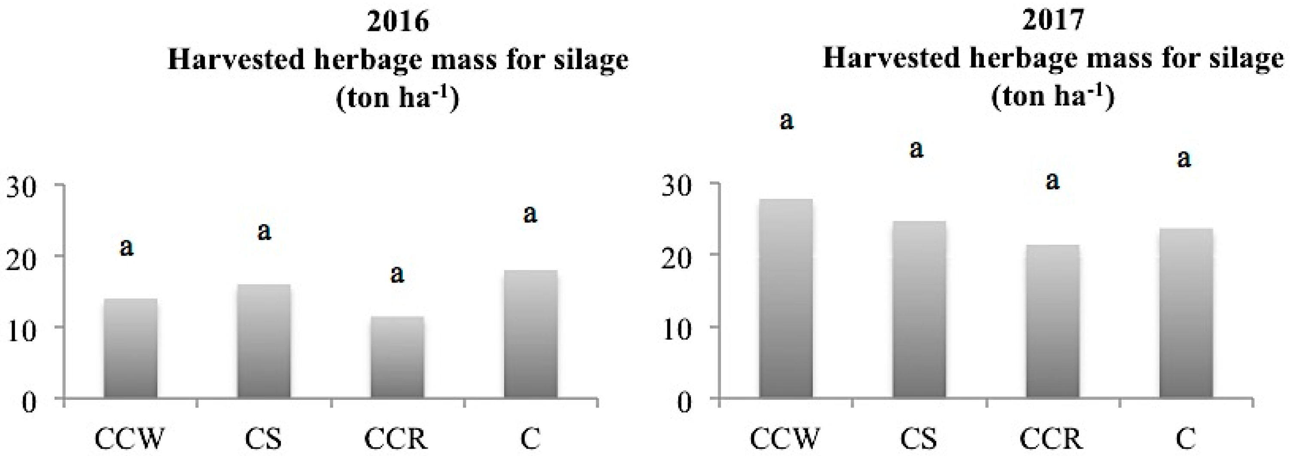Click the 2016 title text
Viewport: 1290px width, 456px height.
pyautogui.click(x=398, y=22)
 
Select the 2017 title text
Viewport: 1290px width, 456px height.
pyautogui.click(x=1054, y=21)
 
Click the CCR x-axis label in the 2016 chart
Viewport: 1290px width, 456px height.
pyautogui.click(x=396, y=439)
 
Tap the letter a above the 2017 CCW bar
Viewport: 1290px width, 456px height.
pyautogui.click(x=787, y=122)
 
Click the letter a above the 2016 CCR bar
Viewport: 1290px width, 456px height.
pyautogui.click(x=397, y=274)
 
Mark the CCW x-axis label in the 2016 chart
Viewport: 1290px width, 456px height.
pyautogui.click(x=129, y=439)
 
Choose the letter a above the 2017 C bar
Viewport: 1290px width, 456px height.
pyautogui.click(x=1184, y=159)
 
